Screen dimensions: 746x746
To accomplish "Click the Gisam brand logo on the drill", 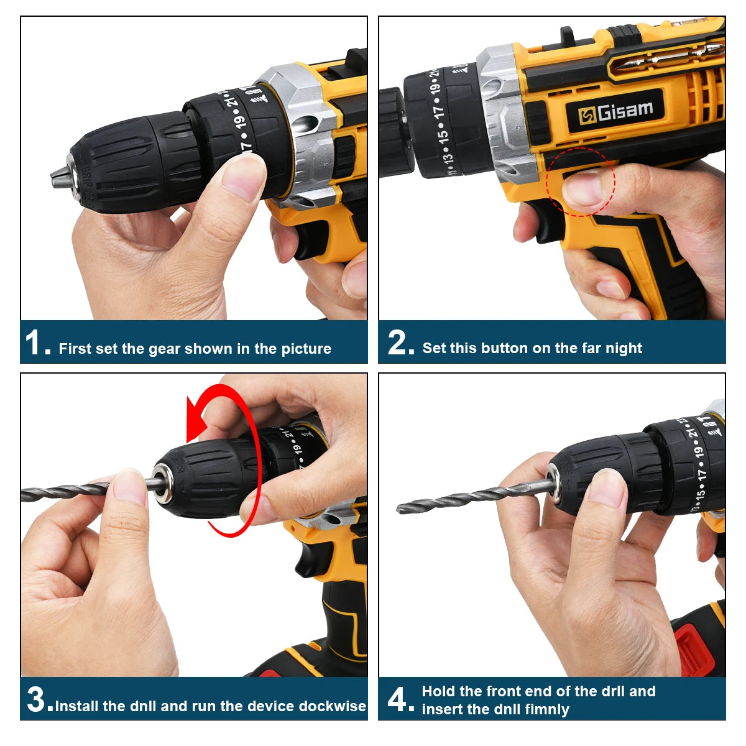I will click(615, 111).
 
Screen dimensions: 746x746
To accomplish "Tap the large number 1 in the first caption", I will click(34, 343).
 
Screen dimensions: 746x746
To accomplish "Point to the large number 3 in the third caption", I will click(39, 700).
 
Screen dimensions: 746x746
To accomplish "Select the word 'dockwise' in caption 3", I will click(332, 706).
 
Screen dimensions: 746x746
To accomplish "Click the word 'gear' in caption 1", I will click(164, 349).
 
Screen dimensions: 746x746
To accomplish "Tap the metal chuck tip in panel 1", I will click(61, 177).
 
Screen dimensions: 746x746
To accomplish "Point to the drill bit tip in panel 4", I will click(401, 509).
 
